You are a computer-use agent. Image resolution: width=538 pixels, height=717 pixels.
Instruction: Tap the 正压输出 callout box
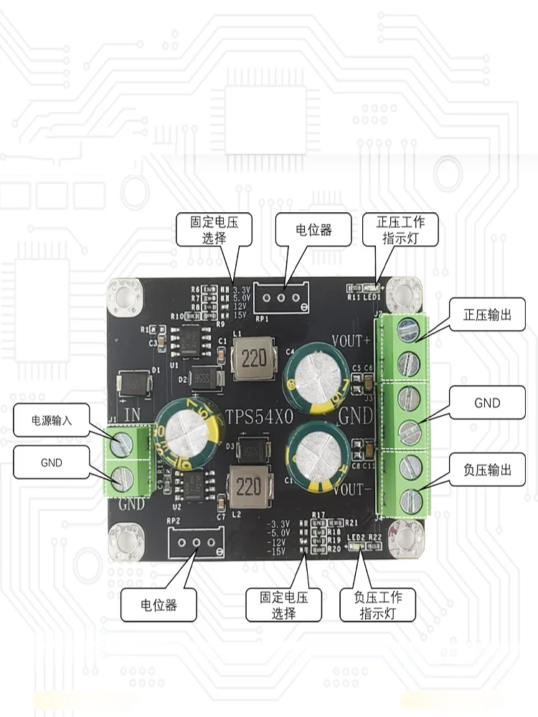[x=488, y=315]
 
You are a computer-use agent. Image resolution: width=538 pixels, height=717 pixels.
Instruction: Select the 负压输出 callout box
[x=488, y=470]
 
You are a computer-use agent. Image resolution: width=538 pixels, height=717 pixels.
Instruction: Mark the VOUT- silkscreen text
[x=351, y=489]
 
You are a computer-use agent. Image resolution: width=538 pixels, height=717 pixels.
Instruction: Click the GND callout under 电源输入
[x=52, y=462]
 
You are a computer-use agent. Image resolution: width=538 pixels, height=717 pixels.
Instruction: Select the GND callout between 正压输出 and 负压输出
[x=488, y=403]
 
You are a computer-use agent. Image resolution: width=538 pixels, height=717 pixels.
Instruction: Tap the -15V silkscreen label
[x=276, y=552]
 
